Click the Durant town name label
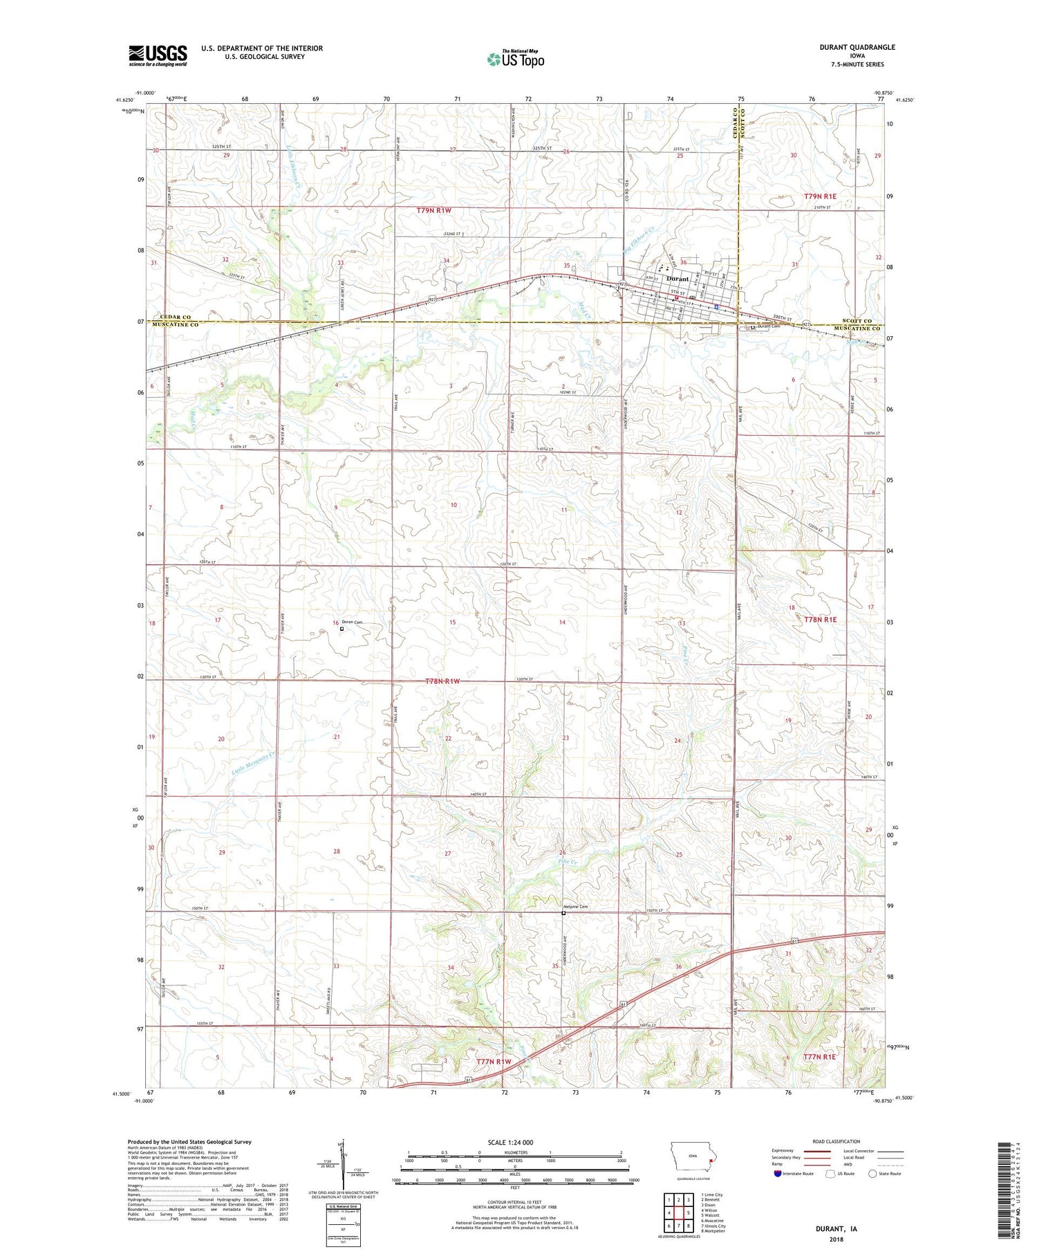point(677,279)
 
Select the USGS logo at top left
point(158,55)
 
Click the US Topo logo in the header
point(515,59)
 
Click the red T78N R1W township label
point(442,681)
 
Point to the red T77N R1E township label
point(820,1057)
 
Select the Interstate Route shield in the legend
point(777,1174)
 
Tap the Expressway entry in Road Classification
point(785,1152)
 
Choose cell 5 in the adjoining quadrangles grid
point(689,1212)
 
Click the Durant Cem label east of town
point(769,326)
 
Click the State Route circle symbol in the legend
point(873,1174)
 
